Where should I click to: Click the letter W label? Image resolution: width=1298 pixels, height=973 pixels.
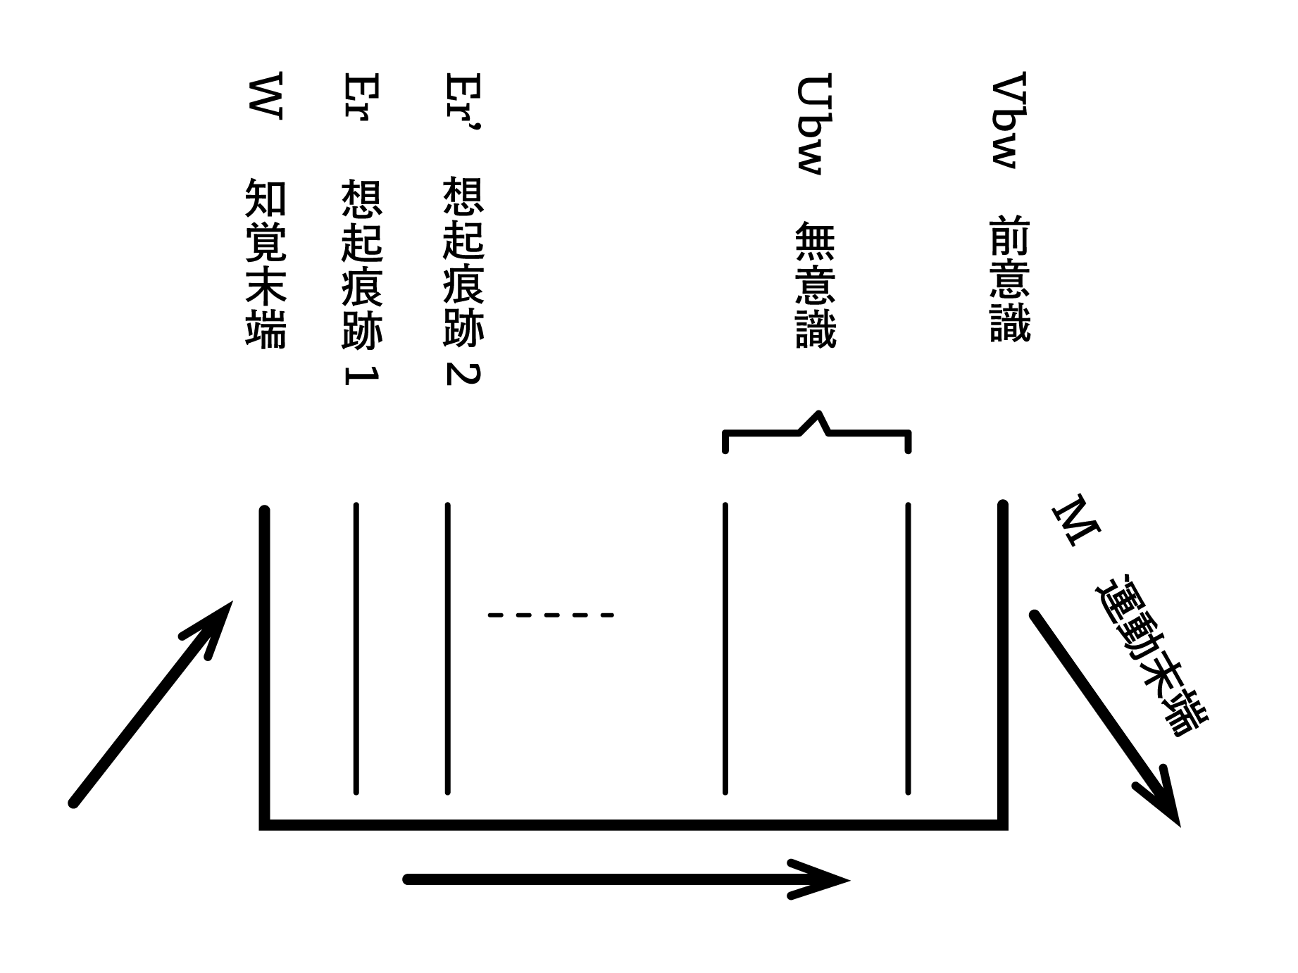click(266, 96)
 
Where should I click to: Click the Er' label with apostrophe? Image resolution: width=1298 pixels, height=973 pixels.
click(464, 101)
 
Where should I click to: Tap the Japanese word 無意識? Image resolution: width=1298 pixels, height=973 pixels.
click(815, 285)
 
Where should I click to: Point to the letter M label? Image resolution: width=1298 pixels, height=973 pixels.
click(1075, 522)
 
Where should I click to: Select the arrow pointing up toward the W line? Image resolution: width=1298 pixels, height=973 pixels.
click(151, 704)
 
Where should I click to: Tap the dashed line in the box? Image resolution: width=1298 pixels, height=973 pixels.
click(551, 615)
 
